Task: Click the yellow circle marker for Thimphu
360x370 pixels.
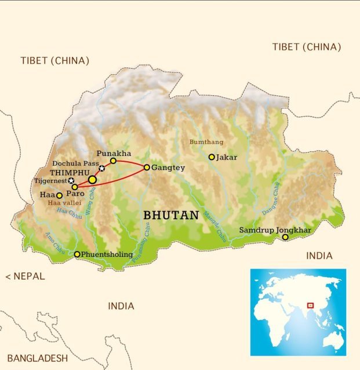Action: pyautogui.click(x=92, y=180)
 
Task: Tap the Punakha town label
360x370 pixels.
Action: pyautogui.click(x=111, y=153)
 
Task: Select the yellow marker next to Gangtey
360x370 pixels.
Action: pyautogui.click(x=147, y=167)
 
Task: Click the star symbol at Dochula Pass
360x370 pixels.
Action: pyautogui.click(x=102, y=168)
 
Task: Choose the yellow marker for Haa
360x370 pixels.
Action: pyautogui.click(x=59, y=195)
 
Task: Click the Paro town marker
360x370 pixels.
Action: pyautogui.click(x=75, y=187)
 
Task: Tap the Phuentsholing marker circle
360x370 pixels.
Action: pyautogui.click(x=77, y=254)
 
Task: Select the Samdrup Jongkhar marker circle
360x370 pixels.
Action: pyautogui.click(x=285, y=237)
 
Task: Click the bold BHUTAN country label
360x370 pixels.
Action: pyautogui.click(x=171, y=215)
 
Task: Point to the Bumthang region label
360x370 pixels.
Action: pyautogui.click(x=206, y=142)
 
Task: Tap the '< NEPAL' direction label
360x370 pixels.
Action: pyautogui.click(x=25, y=276)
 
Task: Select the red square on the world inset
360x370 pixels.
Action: pyautogui.click(x=310, y=305)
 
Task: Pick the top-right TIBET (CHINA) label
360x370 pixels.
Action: pyautogui.click(x=307, y=47)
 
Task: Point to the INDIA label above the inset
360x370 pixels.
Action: pyautogui.click(x=319, y=255)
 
